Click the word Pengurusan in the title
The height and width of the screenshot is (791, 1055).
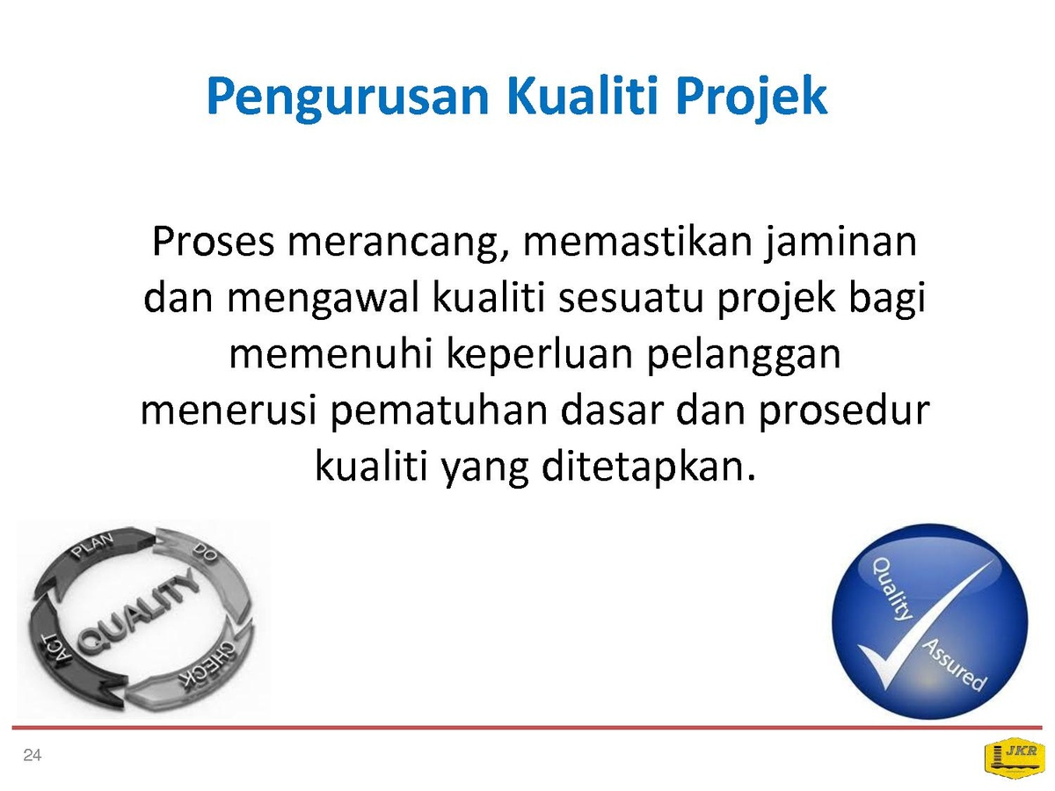pyautogui.click(x=347, y=98)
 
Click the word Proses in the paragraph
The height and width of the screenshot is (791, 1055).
pyautogui.click(x=214, y=241)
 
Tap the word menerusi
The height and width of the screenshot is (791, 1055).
pyautogui.click(x=229, y=410)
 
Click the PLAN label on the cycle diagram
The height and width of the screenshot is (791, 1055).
pyautogui.click(x=93, y=546)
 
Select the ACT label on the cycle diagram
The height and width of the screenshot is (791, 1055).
pyautogui.click(x=57, y=651)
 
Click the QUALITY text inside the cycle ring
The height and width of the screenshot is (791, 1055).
pyautogui.click(x=138, y=612)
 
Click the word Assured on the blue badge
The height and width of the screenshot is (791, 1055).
pyautogui.click(x=954, y=665)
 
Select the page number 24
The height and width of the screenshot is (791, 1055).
pyautogui.click(x=33, y=756)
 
